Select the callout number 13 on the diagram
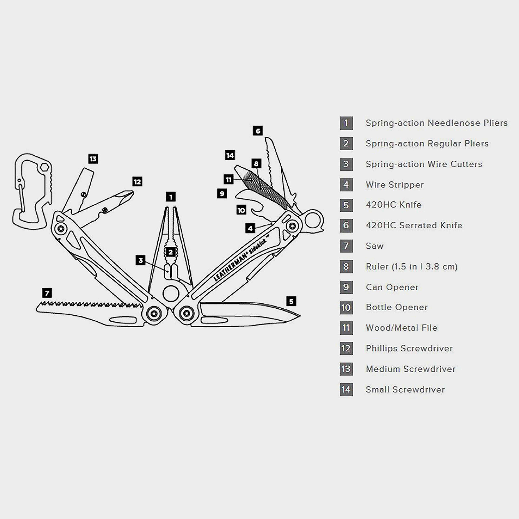(93, 159)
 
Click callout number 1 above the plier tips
(171, 197)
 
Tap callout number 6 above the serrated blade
(258, 131)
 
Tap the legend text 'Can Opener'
(392, 287)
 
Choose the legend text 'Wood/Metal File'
(401, 328)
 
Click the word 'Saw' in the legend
(374, 246)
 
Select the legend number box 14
(346, 390)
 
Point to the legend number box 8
(346, 267)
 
